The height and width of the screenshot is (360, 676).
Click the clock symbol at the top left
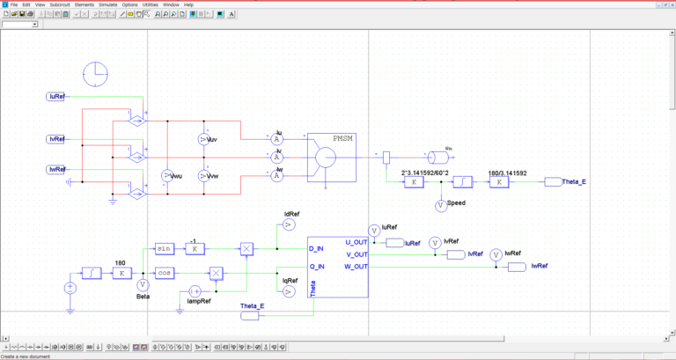[94, 74]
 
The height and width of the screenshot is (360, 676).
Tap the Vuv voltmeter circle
[204, 140]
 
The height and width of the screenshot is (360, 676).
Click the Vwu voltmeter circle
[168, 176]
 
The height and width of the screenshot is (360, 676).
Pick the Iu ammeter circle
[276, 139]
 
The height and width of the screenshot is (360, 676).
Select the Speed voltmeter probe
[441, 204]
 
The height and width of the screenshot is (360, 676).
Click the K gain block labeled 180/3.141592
[499, 182]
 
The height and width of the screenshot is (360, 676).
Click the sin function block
[164, 249]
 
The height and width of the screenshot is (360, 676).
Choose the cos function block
[164, 273]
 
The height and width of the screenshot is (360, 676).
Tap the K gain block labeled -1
[194, 249]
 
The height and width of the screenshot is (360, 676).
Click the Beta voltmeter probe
[143, 284]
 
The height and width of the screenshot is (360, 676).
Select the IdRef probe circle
[288, 225]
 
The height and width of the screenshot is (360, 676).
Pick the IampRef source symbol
[196, 290]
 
